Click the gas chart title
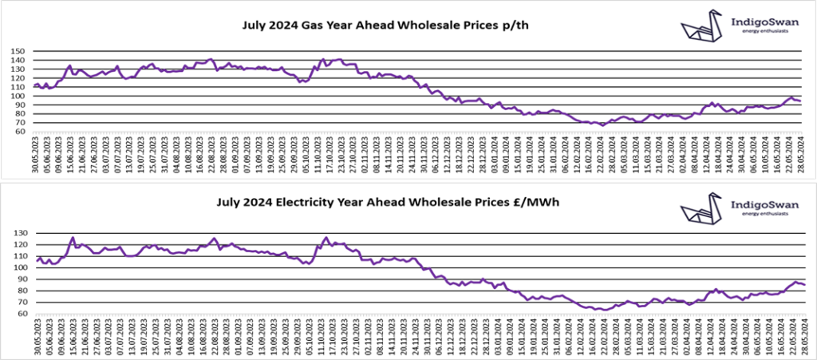pos(385,26)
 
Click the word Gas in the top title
pos(321,26)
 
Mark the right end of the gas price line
pos(801,101)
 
